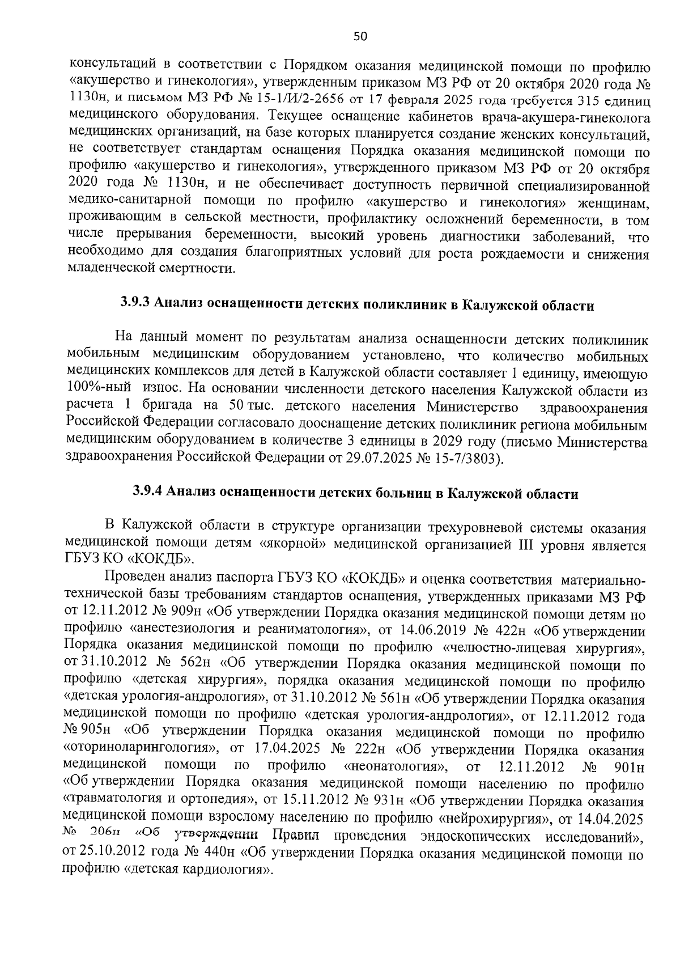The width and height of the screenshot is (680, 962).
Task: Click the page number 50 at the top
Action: (x=360, y=37)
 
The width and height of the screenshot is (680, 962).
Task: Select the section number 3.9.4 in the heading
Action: (x=148, y=491)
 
